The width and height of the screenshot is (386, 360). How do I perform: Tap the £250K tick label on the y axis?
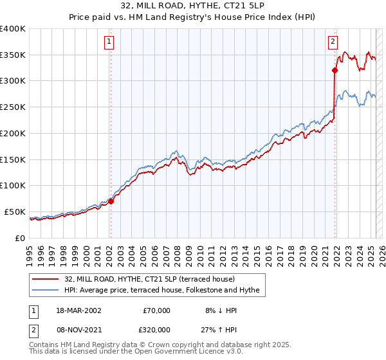(x=12, y=107)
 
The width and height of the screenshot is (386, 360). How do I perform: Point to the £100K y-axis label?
(x=12, y=186)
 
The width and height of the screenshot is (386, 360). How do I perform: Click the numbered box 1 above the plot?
(x=109, y=42)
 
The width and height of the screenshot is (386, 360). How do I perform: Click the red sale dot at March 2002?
(x=111, y=201)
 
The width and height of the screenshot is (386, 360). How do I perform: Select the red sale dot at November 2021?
(x=335, y=70)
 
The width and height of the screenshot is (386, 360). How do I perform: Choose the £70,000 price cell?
(x=156, y=310)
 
